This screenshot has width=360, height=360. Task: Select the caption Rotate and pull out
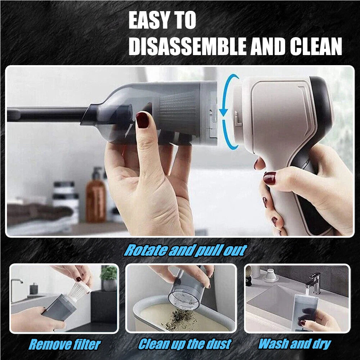(185, 250)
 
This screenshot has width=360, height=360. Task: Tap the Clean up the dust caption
(185, 344)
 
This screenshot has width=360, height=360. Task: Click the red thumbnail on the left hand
(143, 120)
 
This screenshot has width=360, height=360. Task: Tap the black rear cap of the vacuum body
(322, 104)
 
